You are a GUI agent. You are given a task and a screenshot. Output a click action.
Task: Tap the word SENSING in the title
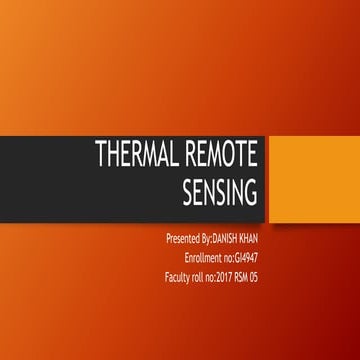pyautogui.click(x=221, y=190)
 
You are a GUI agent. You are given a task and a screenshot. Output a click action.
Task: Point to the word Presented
pyautogui.click(x=186, y=240)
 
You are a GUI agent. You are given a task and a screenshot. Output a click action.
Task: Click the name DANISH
pyautogui.click(x=231, y=240)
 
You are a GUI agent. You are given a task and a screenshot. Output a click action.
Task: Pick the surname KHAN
pyautogui.click(x=258, y=240)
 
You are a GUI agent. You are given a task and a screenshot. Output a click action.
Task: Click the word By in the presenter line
pyautogui.click(x=209, y=240)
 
